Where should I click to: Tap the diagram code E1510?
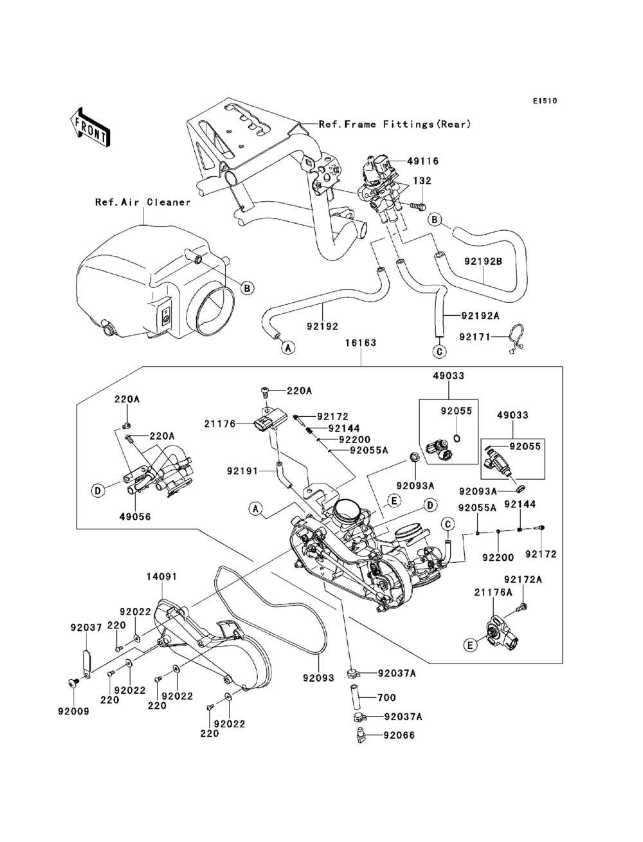(544, 101)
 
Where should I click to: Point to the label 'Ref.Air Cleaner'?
(143, 202)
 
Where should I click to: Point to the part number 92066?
(399, 735)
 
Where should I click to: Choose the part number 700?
(387, 697)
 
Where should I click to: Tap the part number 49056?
(134, 515)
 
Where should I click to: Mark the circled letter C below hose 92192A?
(439, 351)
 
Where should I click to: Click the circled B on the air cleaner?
(247, 289)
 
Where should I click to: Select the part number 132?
(422, 181)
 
